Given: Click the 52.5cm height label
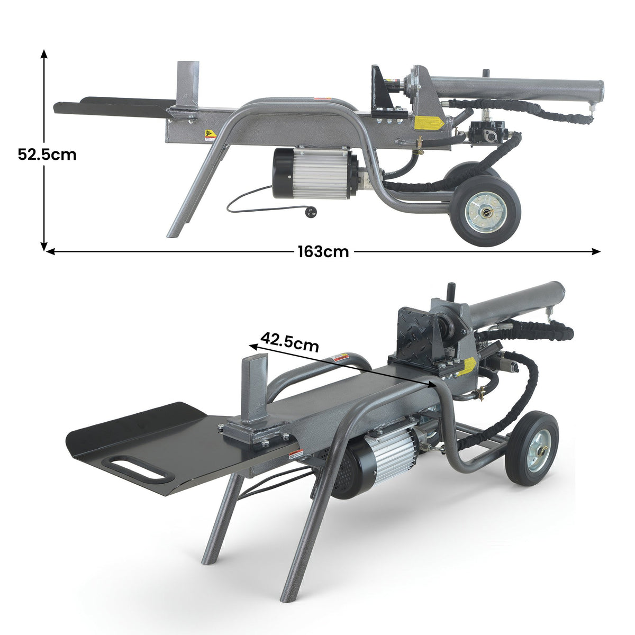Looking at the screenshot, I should pyautogui.click(x=47, y=155).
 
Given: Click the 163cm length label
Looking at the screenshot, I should pyautogui.click(x=323, y=252).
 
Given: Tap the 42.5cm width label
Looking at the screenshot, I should pyautogui.click(x=290, y=342).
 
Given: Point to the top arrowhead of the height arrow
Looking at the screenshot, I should pyautogui.click(x=44, y=53).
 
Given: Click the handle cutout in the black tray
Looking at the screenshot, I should pyautogui.click(x=135, y=467).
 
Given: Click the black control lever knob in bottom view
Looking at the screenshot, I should pyautogui.click(x=451, y=291).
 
